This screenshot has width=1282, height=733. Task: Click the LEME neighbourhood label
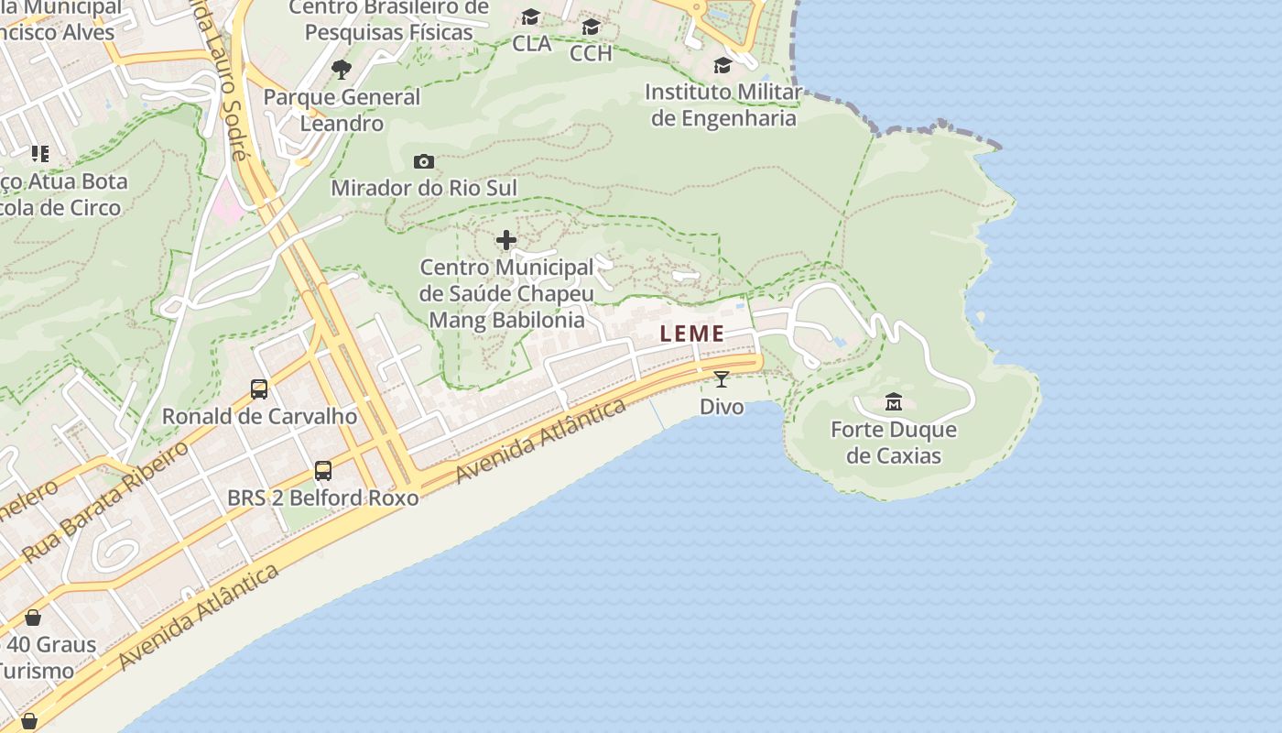[x=692, y=334]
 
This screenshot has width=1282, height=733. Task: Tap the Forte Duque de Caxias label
[x=893, y=443]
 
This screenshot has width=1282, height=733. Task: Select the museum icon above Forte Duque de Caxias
[x=894, y=401]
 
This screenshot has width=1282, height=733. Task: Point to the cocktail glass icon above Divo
[x=722, y=378]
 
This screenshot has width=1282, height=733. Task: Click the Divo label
[x=722, y=406]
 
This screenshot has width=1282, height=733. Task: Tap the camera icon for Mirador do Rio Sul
[x=423, y=161]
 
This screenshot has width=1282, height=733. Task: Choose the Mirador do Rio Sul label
[x=423, y=189]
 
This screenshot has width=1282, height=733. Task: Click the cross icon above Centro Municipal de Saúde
[x=506, y=240]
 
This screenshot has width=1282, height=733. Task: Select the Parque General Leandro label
[x=342, y=110]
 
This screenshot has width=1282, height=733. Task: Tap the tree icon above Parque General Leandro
[x=342, y=69]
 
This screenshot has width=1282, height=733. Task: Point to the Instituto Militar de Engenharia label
[x=723, y=105]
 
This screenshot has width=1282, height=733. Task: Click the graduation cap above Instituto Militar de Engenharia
[x=722, y=65]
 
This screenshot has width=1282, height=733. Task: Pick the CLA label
[x=531, y=43]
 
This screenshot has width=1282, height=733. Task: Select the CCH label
[x=591, y=53]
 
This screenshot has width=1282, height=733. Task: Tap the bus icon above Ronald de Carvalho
[x=259, y=388]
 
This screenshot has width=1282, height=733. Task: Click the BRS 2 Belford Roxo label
[x=322, y=498]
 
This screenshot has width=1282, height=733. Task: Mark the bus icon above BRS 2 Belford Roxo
[x=322, y=470]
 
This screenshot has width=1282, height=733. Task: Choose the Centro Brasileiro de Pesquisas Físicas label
[x=388, y=20]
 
